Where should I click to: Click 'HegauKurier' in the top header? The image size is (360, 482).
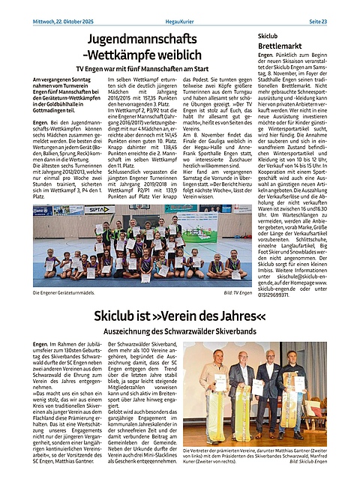point(181,6)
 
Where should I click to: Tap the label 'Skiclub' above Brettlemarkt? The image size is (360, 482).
point(268,35)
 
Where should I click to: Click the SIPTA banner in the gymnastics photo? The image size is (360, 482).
point(99,211)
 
